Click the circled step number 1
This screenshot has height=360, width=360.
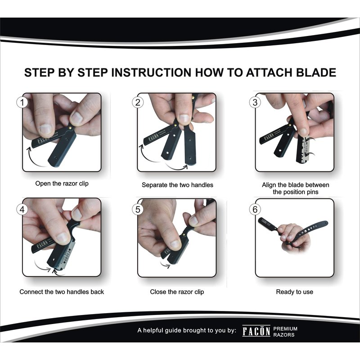coord(22,103)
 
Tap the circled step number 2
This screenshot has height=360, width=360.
coord(138,103)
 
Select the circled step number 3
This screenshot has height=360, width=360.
coord(255,103)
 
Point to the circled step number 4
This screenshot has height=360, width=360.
coord(22,209)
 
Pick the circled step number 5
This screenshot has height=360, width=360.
coord(138,209)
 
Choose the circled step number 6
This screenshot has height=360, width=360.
coord(255,209)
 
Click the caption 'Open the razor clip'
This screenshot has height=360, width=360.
coord(62,184)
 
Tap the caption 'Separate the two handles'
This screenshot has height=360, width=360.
coord(177,185)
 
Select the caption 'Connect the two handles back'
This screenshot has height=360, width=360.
coord(62,292)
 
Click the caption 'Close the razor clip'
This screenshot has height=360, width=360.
coord(177,292)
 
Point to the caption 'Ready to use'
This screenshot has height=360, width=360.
coord(295,292)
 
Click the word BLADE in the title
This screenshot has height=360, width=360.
coord(316,72)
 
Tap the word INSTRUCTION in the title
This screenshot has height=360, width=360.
coord(151,72)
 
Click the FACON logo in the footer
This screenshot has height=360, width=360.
coord(256,331)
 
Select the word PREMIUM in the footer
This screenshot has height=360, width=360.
coord(285,329)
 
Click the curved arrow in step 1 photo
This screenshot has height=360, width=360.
coord(35,158)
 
